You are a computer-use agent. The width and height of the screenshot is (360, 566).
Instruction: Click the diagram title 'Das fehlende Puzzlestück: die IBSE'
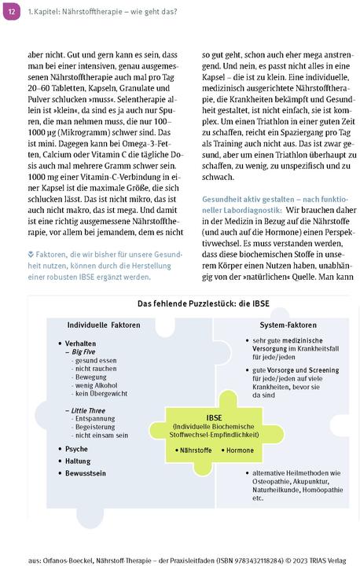(x=179, y=304)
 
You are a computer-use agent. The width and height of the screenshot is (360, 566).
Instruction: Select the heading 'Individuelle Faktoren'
(x=102, y=325)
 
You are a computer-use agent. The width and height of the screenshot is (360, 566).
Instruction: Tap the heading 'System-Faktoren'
(x=266, y=325)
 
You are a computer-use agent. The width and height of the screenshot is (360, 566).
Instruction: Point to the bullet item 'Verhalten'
(x=82, y=344)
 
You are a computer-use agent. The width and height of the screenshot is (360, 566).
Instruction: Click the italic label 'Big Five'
(x=84, y=352)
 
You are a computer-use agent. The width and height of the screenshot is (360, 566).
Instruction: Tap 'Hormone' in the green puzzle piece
(x=239, y=450)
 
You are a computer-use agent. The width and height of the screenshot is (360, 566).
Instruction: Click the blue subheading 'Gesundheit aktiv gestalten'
(x=244, y=199)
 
